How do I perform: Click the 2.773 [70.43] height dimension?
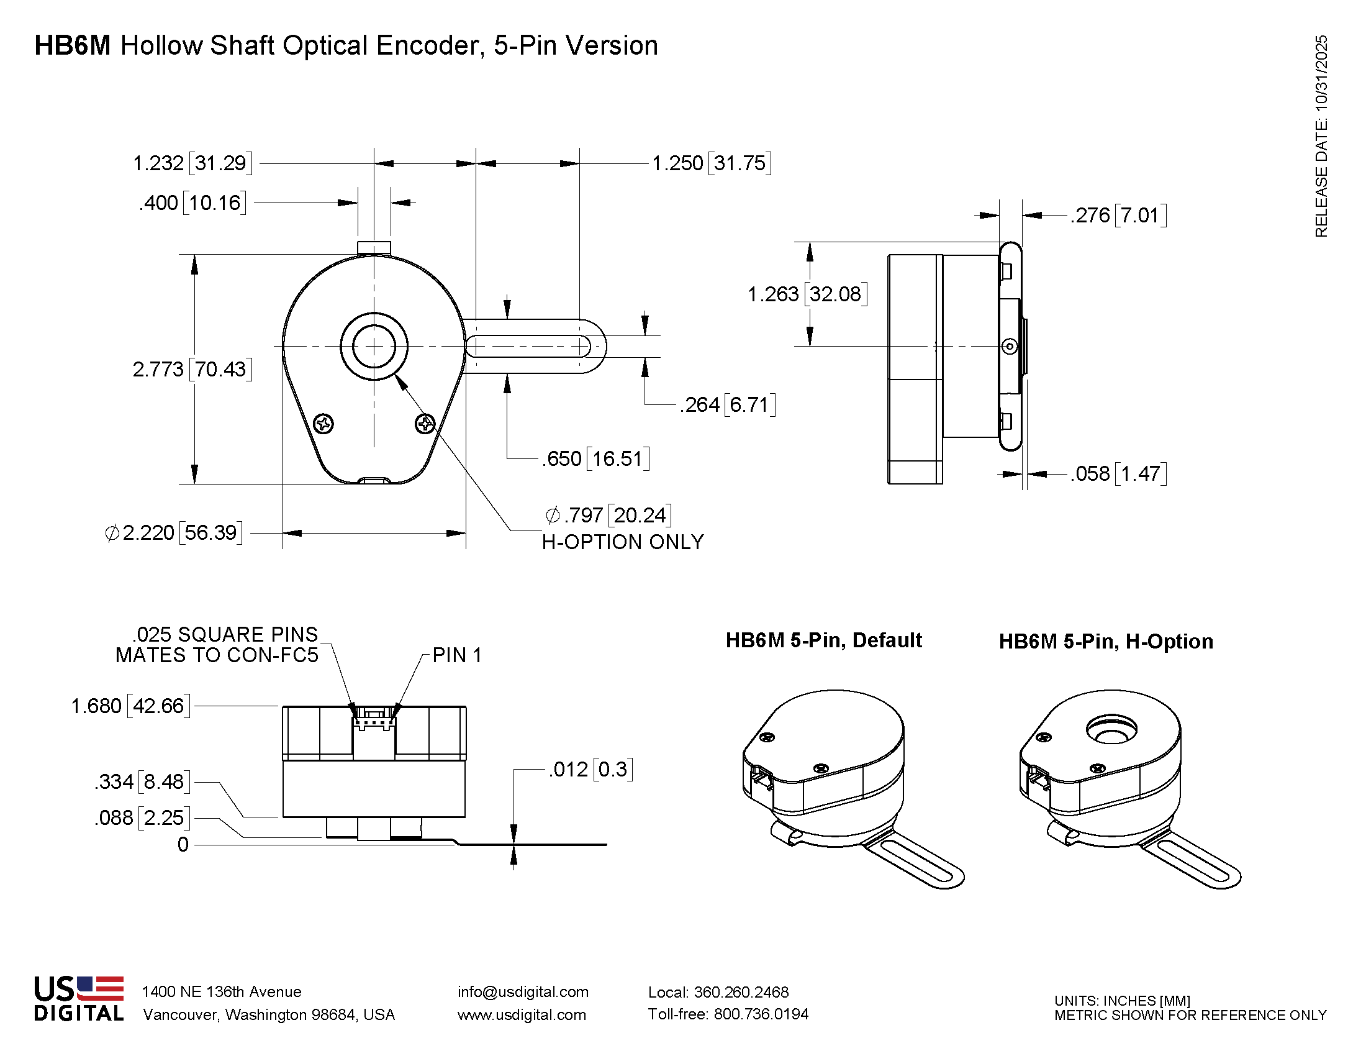click(x=192, y=369)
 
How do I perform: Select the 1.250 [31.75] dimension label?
click(x=711, y=163)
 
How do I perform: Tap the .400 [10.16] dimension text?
click(x=192, y=203)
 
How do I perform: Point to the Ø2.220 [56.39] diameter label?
click(x=173, y=533)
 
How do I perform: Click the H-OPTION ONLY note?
click(x=622, y=542)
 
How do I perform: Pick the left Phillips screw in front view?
click(x=323, y=424)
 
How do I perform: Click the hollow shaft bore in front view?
click(x=374, y=346)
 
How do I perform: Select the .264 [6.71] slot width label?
click(x=728, y=405)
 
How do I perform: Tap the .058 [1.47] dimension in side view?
click(x=1118, y=473)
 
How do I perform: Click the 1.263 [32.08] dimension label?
click(x=807, y=294)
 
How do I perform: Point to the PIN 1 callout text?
click(x=456, y=655)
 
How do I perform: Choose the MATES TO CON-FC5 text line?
click(x=217, y=655)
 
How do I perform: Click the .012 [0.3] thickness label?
click(x=590, y=769)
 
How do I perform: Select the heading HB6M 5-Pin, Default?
click(x=823, y=640)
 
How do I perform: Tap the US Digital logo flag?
click(x=100, y=988)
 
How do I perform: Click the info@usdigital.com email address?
click(x=523, y=991)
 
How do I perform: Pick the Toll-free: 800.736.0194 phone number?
click(x=728, y=1014)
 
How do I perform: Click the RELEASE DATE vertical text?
click(x=1320, y=137)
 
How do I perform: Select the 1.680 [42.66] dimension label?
click(x=130, y=706)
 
